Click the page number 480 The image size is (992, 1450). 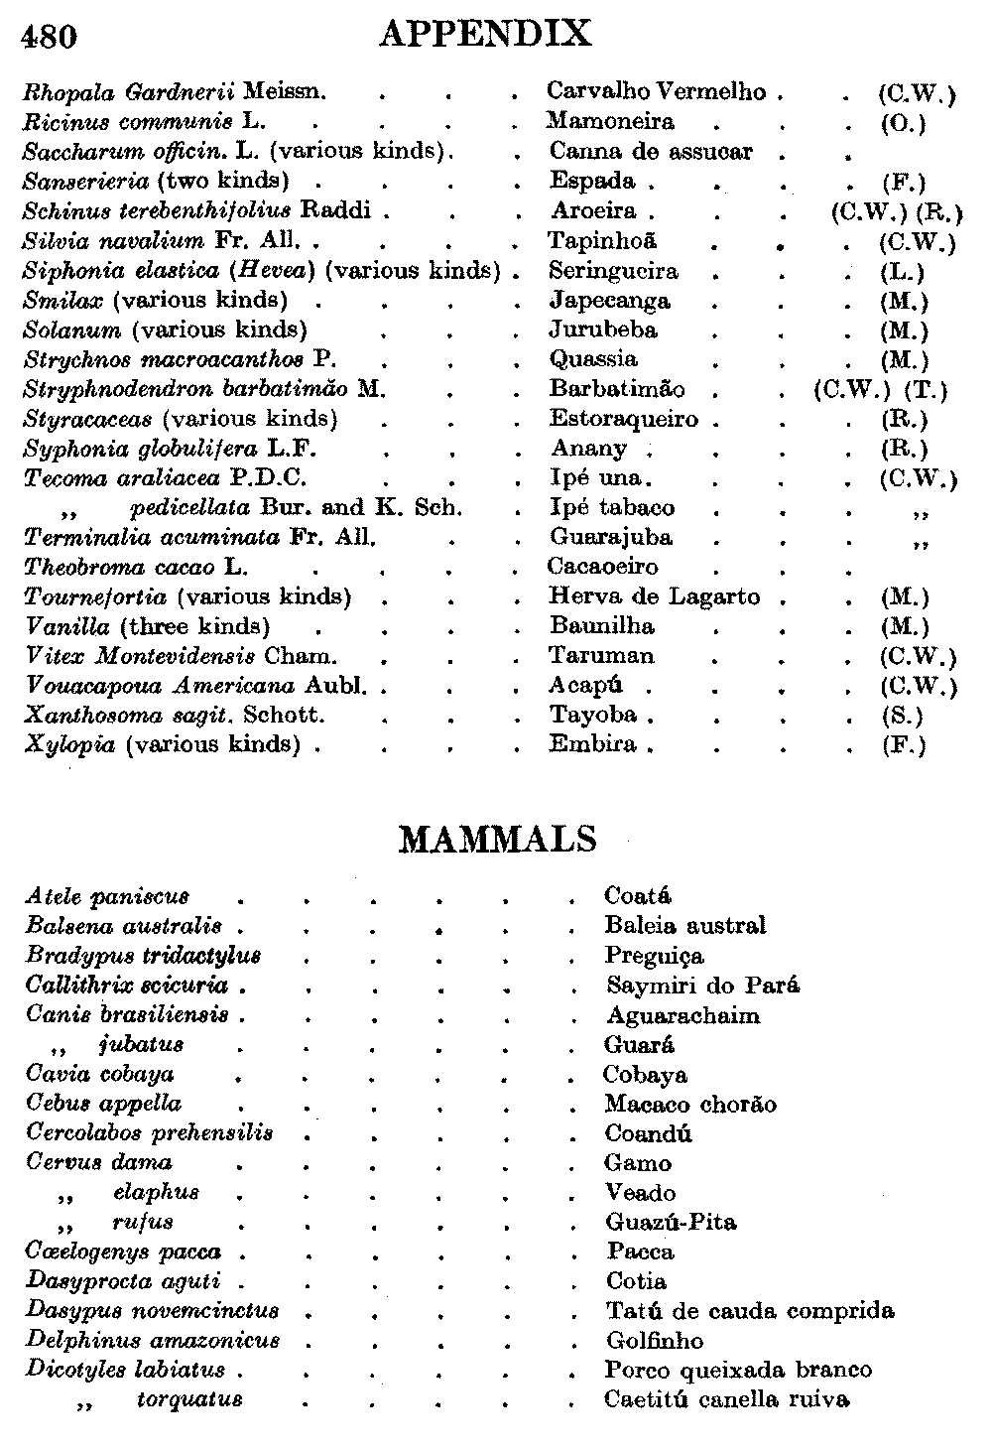tap(49, 36)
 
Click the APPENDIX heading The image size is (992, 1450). tap(485, 34)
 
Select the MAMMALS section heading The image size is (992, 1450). tap(498, 840)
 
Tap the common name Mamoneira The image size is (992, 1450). tap(610, 122)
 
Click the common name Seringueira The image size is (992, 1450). tap(614, 271)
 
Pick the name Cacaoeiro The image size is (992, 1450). tap(602, 567)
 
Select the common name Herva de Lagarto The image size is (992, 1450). tap(655, 596)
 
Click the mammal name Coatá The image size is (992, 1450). tap(637, 896)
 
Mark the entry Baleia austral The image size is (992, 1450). tap(684, 926)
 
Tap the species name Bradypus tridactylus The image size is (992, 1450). tap(143, 956)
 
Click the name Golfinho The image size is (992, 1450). tap(655, 1341)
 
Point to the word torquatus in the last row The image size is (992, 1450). tap(189, 1400)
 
